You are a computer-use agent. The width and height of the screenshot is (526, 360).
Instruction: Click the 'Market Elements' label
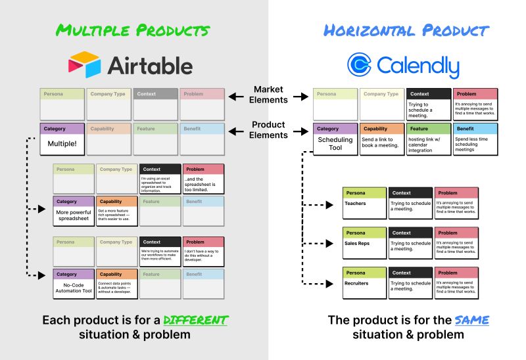pyautogui.click(x=270, y=95)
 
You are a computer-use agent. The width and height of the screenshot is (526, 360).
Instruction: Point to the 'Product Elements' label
pyautogui.click(x=270, y=129)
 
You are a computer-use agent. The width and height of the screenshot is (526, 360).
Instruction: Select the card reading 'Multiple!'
pyautogui.click(x=62, y=139)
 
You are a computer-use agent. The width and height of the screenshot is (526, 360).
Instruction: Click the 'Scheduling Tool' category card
pyautogui.click(x=335, y=139)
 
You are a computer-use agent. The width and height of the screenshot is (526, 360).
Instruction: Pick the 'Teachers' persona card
pyautogui.click(x=364, y=203)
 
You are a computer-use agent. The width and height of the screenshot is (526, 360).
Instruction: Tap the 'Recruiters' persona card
pyautogui.click(x=364, y=283)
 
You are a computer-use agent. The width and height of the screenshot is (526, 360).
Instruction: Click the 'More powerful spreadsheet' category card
pyautogui.click(x=74, y=211)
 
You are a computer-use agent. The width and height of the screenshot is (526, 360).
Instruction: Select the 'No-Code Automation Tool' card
pyautogui.click(x=74, y=284)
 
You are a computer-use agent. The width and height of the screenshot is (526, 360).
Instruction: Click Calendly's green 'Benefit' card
pyautogui.click(x=475, y=139)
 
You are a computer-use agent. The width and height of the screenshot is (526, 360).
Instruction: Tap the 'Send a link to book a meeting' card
pyautogui.click(x=381, y=139)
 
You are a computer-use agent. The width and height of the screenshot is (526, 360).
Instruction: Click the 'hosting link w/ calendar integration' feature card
pyautogui.click(x=428, y=139)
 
